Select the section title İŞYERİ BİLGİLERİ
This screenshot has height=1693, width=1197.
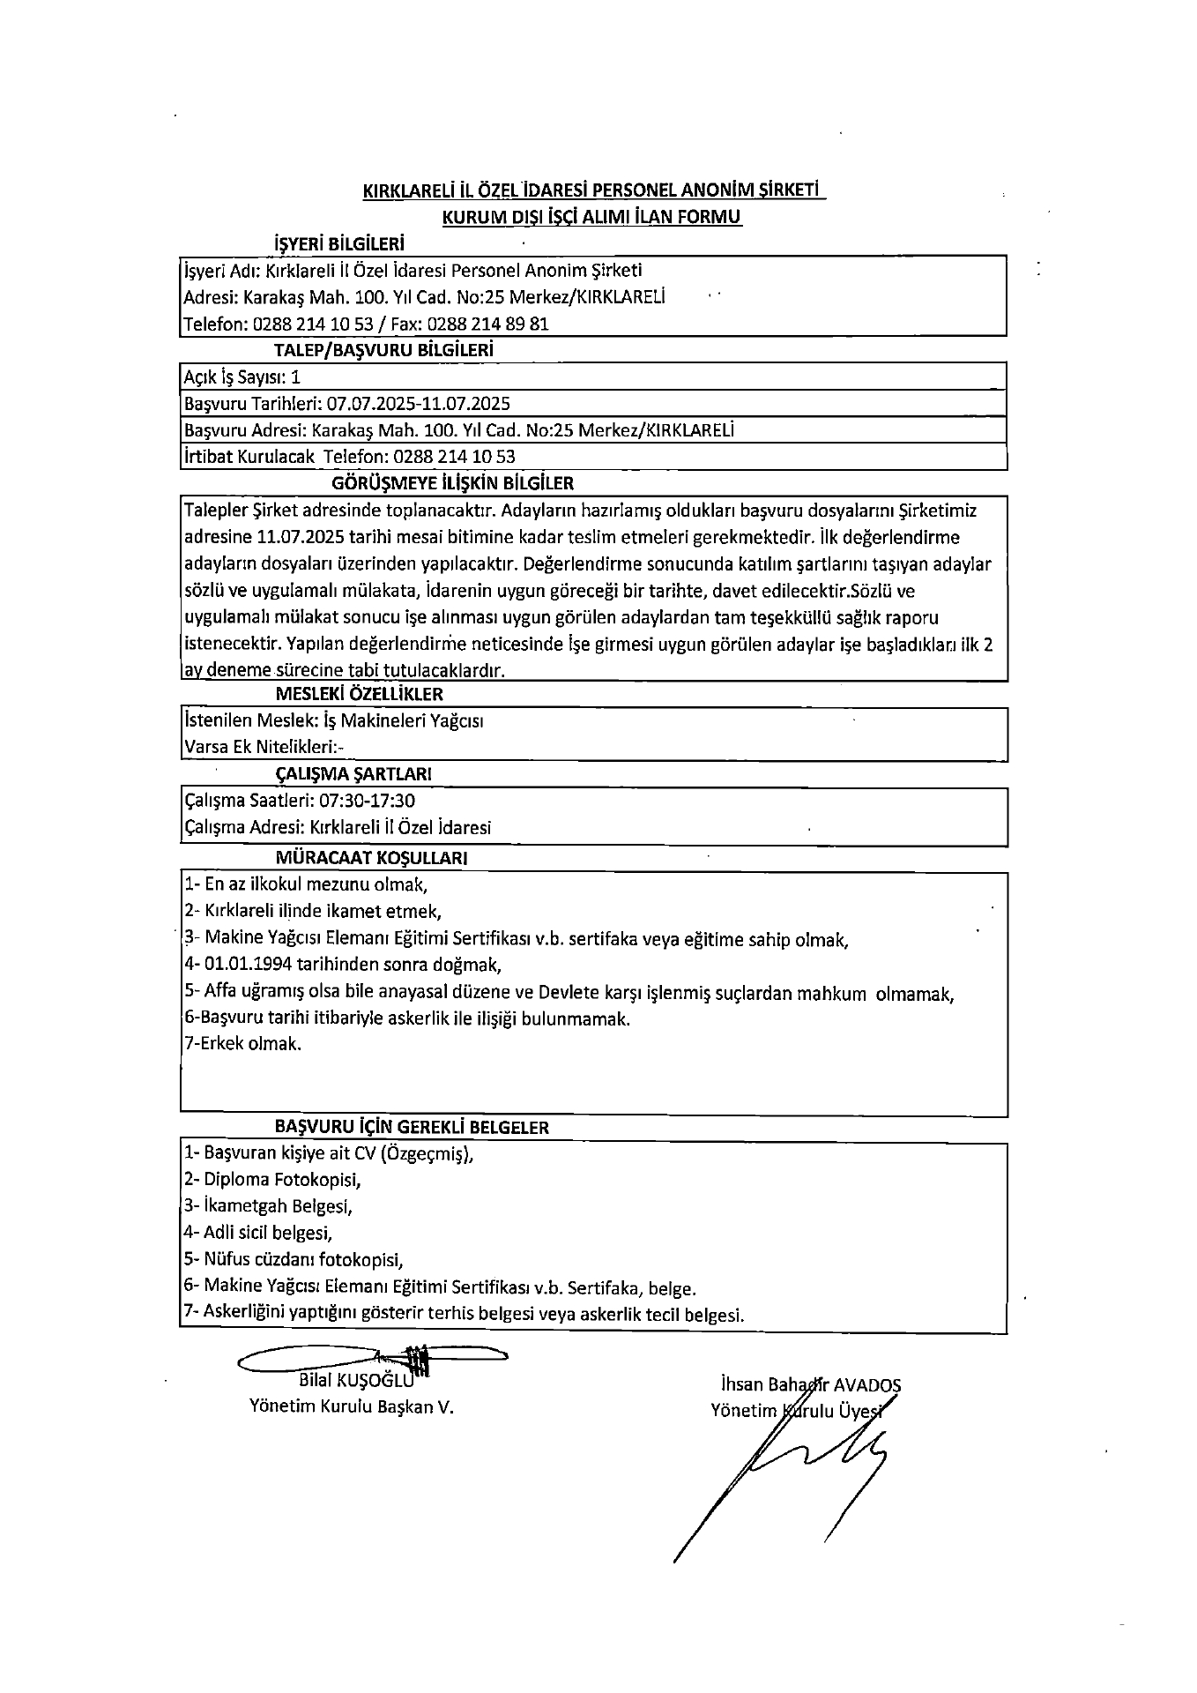pyautogui.click(x=339, y=243)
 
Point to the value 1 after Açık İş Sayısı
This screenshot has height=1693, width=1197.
pyautogui.click(x=295, y=377)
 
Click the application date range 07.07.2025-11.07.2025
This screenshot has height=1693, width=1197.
pyautogui.click(x=418, y=404)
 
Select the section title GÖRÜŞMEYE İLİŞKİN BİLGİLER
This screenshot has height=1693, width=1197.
pyautogui.click(x=452, y=483)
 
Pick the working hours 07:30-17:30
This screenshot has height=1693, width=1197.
pyautogui.click(x=368, y=801)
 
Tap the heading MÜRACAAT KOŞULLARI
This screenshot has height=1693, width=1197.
pyautogui.click(x=371, y=857)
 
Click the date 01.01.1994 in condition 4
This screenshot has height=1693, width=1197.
pyautogui.click(x=249, y=965)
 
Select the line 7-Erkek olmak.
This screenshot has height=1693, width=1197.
pyautogui.click(x=242, y=1044)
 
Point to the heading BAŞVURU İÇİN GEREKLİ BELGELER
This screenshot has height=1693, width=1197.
pyautogui.click(x=412, y=1127)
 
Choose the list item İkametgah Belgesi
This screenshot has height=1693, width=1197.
pyautogui.click(x=278, y=1205)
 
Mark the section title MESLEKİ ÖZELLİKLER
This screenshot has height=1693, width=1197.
pyautogui.click(x=359, y=694)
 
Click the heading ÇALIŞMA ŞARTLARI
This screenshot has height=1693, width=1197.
pyautogui.click(x=353, y=774)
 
